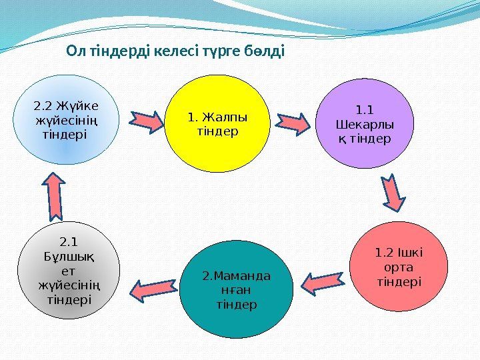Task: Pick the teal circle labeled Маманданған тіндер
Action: (237, 291)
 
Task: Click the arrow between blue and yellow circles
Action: (146, 119)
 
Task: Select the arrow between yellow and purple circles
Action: (293, 120)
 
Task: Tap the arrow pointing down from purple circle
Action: (393, 192)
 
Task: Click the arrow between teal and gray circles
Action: (151, 288)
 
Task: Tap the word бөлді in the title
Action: (266, 51)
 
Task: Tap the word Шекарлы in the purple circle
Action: (365, 125)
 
